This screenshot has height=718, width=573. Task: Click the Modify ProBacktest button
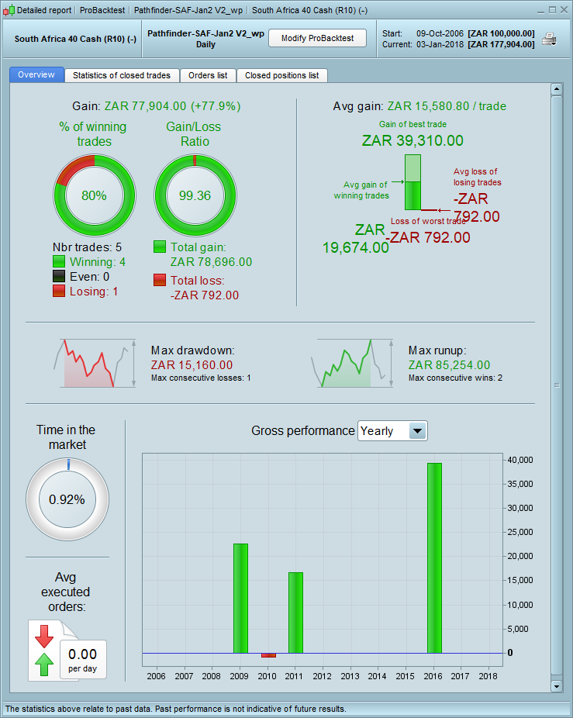317,39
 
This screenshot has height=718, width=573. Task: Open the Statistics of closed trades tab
123,75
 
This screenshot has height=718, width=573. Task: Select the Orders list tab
208,75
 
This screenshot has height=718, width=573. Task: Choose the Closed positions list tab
281,75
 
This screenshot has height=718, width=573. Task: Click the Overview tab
36,75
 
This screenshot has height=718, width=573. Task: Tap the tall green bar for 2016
434,558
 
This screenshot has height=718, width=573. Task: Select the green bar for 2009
240,598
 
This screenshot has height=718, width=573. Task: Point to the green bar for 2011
295,613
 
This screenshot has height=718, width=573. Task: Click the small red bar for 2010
268,655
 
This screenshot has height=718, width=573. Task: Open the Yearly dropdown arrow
417,431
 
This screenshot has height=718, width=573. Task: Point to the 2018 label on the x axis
488,677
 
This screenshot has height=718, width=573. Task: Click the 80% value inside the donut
94,195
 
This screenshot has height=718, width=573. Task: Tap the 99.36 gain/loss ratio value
194,195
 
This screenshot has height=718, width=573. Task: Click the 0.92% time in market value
67,499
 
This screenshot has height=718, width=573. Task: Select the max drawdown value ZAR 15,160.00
192,365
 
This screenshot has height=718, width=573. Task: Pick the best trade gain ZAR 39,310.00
412,140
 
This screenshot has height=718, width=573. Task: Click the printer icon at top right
549,40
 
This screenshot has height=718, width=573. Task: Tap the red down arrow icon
44,636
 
